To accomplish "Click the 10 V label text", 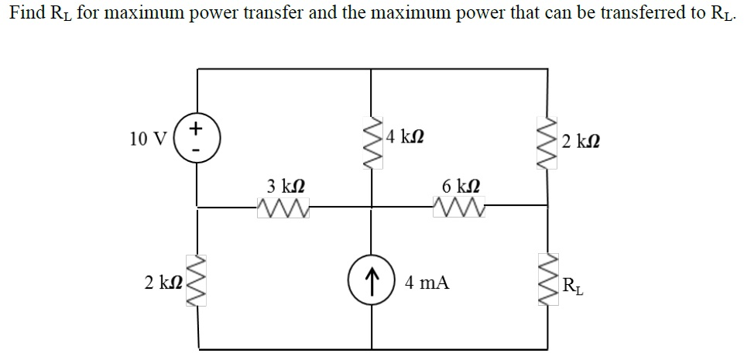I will tap(149, 139).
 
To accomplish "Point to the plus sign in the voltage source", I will tap(197, 126).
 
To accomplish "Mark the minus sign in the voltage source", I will tap(197, 149).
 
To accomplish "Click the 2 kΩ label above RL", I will tap(581, 142).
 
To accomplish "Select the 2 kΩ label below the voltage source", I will tap(163, 283).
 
